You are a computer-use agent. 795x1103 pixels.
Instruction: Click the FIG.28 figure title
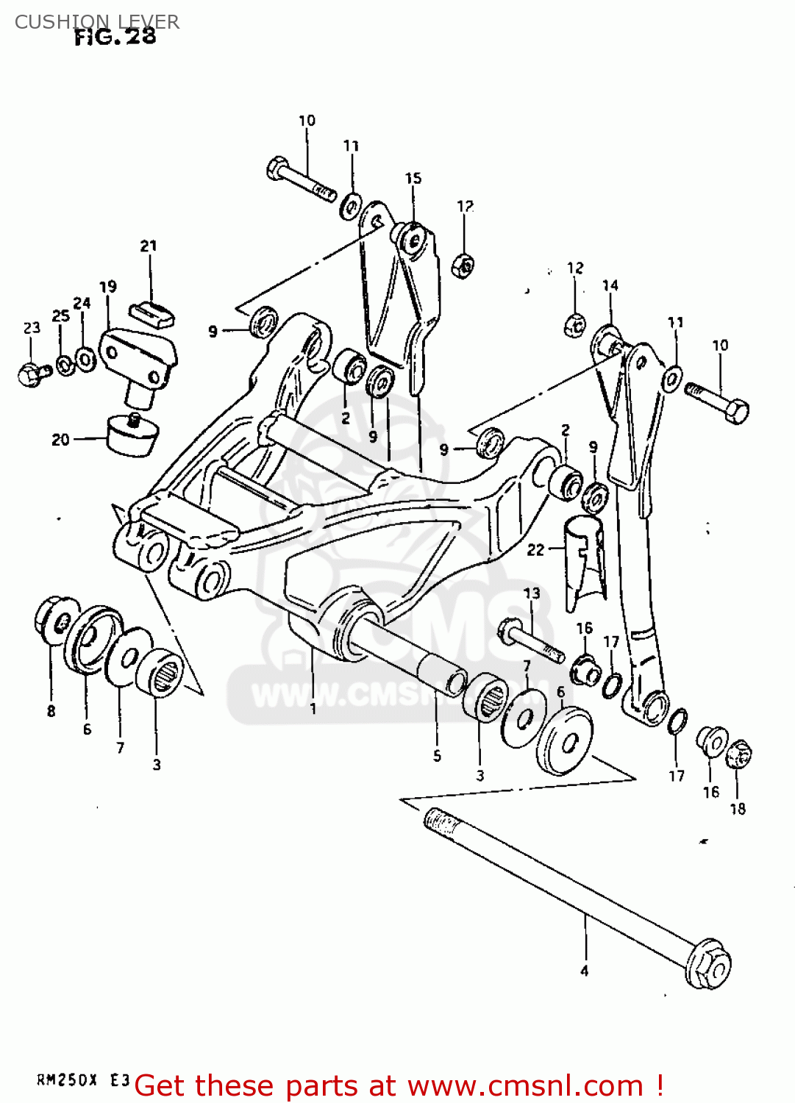tap(115, 37)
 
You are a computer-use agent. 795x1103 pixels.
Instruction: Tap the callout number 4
tap(585, 971)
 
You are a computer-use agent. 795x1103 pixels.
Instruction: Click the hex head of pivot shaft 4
tap(709, 963)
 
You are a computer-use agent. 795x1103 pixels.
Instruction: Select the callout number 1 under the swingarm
tap(313, 709)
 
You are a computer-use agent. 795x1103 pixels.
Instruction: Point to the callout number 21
tap(149, 246)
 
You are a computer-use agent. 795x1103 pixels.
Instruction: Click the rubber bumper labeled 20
tap(132, 435)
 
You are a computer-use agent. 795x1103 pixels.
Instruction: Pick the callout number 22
tap(535, 549)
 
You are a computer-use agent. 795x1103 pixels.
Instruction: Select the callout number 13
tap(532, 593)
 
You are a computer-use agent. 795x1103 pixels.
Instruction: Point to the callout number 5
tap(437, 756)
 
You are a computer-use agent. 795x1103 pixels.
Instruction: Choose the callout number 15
tap(413, 178)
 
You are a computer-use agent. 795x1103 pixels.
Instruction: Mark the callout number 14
tap(610, 285)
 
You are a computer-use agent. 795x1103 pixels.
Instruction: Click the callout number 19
tap(108, 286)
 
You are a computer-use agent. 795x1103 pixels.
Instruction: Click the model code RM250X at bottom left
tap(67, 1080)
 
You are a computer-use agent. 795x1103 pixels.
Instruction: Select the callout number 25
tap(61, 315)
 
